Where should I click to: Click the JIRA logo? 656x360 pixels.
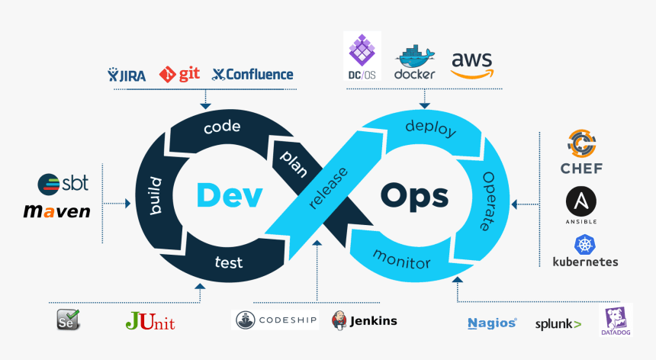point(129,75)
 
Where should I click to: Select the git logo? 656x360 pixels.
point(179,74)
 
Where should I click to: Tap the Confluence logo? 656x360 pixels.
point(252,74)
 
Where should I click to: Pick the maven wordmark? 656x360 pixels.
point(56,211)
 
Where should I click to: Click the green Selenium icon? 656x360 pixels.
point(68,320)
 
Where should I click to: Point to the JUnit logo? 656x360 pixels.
point(150,321)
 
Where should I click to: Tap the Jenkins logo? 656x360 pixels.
point(365,320)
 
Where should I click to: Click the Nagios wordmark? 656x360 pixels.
point(492,323)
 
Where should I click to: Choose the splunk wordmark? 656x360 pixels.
point(558,323)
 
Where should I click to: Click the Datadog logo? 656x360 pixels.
point(616,320)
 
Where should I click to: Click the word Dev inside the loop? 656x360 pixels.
point(229,195)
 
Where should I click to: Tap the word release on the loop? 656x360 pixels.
point(329,187)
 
